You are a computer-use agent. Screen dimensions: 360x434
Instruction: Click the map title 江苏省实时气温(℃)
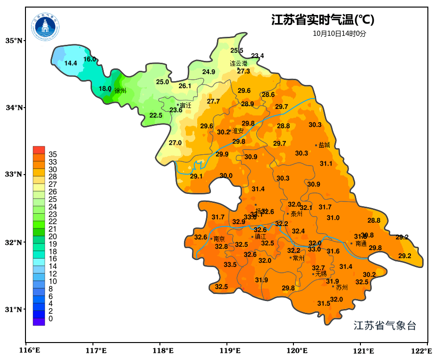coord(323,20)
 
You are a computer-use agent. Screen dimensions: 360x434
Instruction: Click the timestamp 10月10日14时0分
coord(339,33)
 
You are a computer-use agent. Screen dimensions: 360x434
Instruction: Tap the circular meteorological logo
coord(45,26)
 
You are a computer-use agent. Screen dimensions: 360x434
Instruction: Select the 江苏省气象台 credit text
coord(385,326)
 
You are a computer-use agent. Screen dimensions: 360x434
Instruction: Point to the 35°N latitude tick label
coord(14,41)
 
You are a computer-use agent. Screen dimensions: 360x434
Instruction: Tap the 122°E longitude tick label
coord(422,351)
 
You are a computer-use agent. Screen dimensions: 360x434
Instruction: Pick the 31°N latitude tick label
coord(14,310)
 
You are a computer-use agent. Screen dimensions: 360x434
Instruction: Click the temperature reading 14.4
coord(71,63)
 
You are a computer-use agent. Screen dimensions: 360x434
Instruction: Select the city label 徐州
coord(120,90)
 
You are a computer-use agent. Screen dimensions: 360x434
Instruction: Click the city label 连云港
coord(239,63)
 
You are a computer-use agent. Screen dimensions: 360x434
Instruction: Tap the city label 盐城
coord(325,145)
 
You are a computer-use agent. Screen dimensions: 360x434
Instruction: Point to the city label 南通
coord(361,244)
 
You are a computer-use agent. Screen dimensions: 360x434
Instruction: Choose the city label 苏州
coord(342,287)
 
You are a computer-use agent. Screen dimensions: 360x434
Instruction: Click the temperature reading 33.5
coord(230,265)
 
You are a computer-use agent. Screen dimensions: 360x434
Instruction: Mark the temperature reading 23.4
coord(258,56)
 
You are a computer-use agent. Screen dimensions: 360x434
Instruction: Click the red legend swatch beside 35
coord(39,150)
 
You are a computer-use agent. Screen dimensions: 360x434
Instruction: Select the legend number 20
coord(53,236)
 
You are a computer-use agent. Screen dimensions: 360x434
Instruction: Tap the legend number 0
coord(50,319)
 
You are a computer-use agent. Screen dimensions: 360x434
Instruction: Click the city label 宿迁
coord(186,105)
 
